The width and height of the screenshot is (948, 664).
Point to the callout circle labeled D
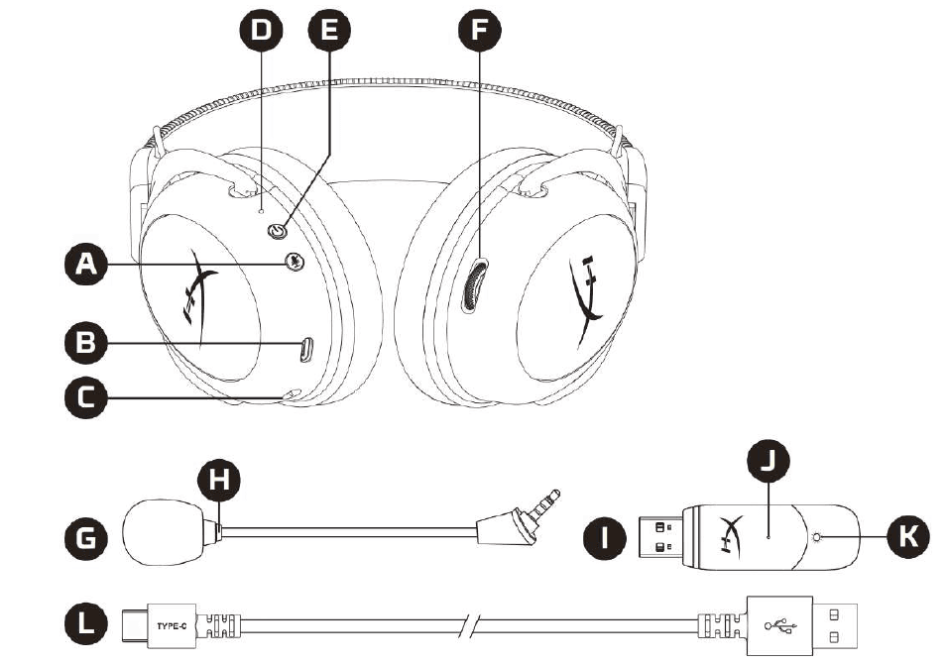coord(260,30)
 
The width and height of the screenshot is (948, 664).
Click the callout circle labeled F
coord(479,30)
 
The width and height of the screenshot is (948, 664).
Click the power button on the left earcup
coord(278,231)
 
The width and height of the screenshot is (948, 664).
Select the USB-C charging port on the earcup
coord(306,349)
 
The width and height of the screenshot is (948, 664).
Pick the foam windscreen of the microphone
coord(165,534)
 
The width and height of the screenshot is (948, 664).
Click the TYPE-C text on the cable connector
coord(173,624)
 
